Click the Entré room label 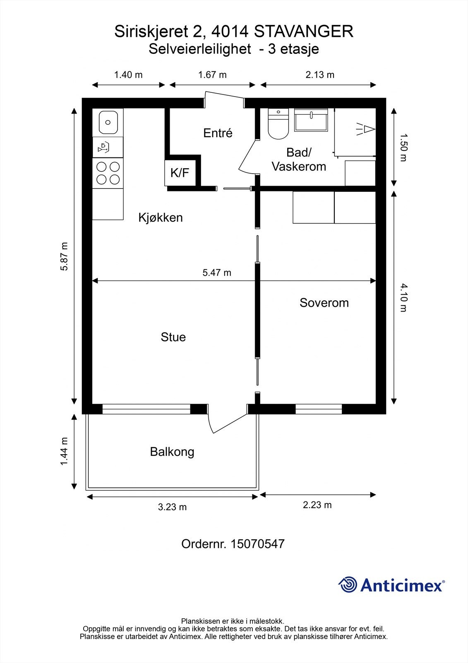(x=218, y=133)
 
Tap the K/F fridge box (x=180, y=173)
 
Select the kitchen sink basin (x=108, y=122)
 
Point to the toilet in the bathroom (x=278, y=124)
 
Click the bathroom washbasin (x=311, y=120)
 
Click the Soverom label (x=324, y=303)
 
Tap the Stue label (x=173, y=337)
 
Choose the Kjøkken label (x=161, y=218)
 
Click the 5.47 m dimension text (x=217, y=273)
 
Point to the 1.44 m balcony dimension (x=64, y=451)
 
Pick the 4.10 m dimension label (x=403, y=298)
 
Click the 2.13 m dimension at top (x=320, y=75)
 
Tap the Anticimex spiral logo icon (x=348, y=585)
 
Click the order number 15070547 (x=257, y=544)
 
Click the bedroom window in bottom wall (x=319, y=409)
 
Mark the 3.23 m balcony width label (x=172, y=507)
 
